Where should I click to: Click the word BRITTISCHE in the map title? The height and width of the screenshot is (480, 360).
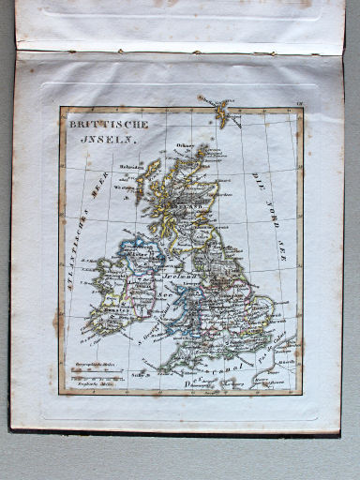[x=102, y=123]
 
